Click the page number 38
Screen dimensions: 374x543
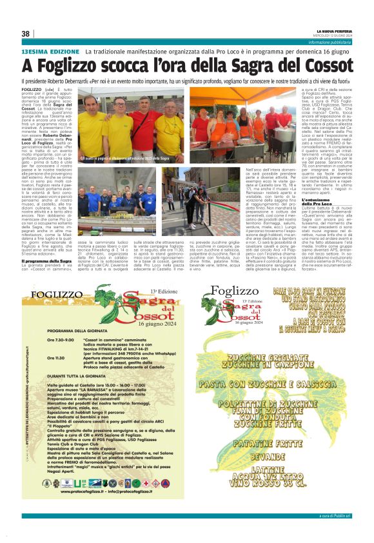26,34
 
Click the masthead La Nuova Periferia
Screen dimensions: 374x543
334,30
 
